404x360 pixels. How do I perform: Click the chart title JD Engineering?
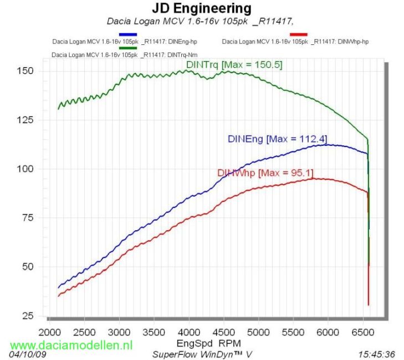(x=201, y=9)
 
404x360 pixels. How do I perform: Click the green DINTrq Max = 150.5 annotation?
(x=234, y=65)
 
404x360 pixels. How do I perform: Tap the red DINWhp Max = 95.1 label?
(x=265, y=173)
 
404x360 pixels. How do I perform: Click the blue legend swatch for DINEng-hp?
(x=127, y=34)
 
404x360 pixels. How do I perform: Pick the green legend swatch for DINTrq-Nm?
(x=127, y=48)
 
